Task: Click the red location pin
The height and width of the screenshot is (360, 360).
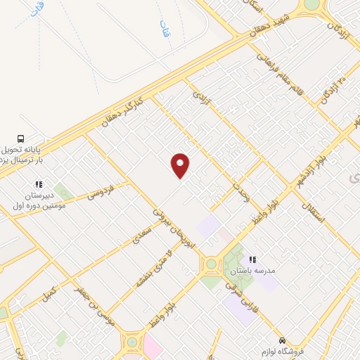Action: (181, 164)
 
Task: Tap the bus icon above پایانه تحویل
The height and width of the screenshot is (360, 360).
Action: (21, 139)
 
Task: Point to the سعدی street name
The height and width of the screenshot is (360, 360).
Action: (143, 237)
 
